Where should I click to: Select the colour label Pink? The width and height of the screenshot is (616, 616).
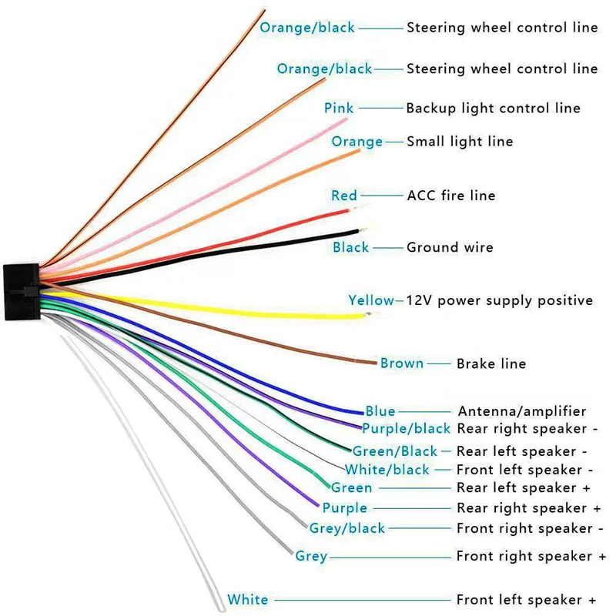point(339,109)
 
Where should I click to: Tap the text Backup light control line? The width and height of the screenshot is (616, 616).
point(493,109)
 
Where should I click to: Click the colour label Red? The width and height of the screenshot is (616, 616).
point(344,196)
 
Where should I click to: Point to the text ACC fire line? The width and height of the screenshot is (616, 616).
point(450,196)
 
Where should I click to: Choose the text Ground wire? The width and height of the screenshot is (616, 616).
point(450,248)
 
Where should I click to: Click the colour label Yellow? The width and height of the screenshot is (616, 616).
point(371,300)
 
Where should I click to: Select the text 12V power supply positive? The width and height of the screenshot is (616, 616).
point(500,300)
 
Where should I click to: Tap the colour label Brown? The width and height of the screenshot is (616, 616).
point(402,363)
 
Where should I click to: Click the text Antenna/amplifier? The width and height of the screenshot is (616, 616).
point(522,411)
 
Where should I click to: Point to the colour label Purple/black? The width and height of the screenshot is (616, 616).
point(406,429)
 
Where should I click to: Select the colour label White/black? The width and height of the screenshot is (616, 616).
point(387,470)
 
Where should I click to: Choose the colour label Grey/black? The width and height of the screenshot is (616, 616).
point(346,528)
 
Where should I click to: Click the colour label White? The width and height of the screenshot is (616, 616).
point(248,600)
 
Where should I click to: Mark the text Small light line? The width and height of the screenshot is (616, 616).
point(460,142)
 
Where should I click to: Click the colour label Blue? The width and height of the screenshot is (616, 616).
point(380,411)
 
